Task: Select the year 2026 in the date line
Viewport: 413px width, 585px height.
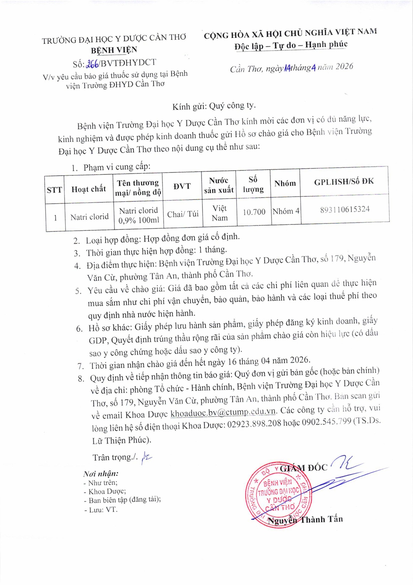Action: click(344, 66)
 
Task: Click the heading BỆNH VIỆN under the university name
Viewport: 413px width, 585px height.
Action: click(114, 50)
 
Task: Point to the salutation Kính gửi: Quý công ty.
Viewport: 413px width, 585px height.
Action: click(214, 106)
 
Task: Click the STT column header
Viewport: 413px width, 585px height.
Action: click(54, 190)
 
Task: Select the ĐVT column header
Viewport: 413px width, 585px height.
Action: click(182, 186)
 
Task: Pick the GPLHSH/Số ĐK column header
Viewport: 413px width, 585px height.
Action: click(344, 182)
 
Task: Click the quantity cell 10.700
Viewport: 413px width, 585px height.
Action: click(254, 212)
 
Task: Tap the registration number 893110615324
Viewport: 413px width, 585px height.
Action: click(345, 209)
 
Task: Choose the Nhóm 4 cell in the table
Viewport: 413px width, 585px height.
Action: click(286, 211)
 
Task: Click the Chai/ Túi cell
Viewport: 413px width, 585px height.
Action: click(183, 214)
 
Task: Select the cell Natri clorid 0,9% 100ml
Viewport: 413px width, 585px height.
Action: click(139, 215)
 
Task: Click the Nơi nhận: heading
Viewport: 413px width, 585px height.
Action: click(100, 474)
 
